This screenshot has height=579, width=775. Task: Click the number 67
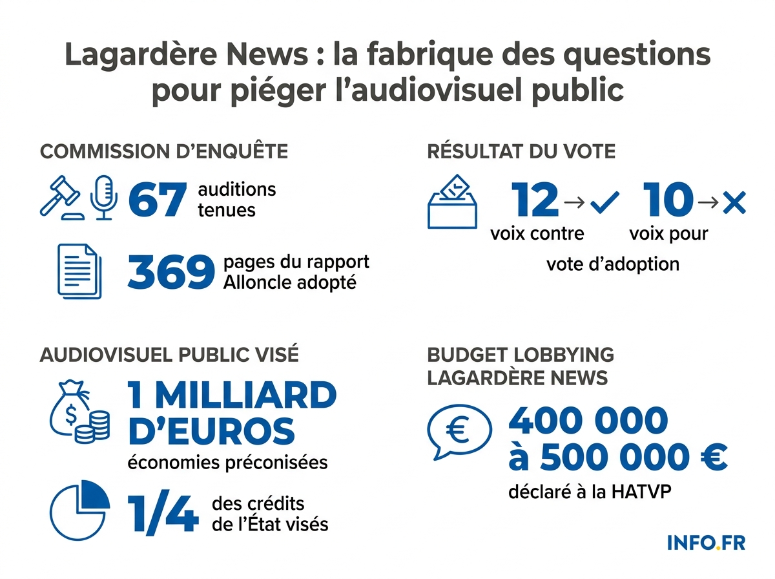pyautogui.click(x=158, y=200)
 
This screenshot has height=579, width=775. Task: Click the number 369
pyautogui.click(x=170, y=273)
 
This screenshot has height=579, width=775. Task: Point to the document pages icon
pyautogui.click(x=79, y=271)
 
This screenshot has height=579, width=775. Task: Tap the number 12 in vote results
pyautogui.click(x=535, y=200)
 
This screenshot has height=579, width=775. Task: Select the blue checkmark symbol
pyautogui.click(x=604, y=202)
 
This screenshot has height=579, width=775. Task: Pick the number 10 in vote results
pyautogui.click(x=668, y=200)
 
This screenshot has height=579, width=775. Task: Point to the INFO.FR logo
pyautogui.click(x=706, y=542)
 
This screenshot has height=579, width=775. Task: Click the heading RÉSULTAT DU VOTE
pyautogui.click(x=521, y=152)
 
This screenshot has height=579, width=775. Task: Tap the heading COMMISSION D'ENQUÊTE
pyautogui.click(x=164, y=152)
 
